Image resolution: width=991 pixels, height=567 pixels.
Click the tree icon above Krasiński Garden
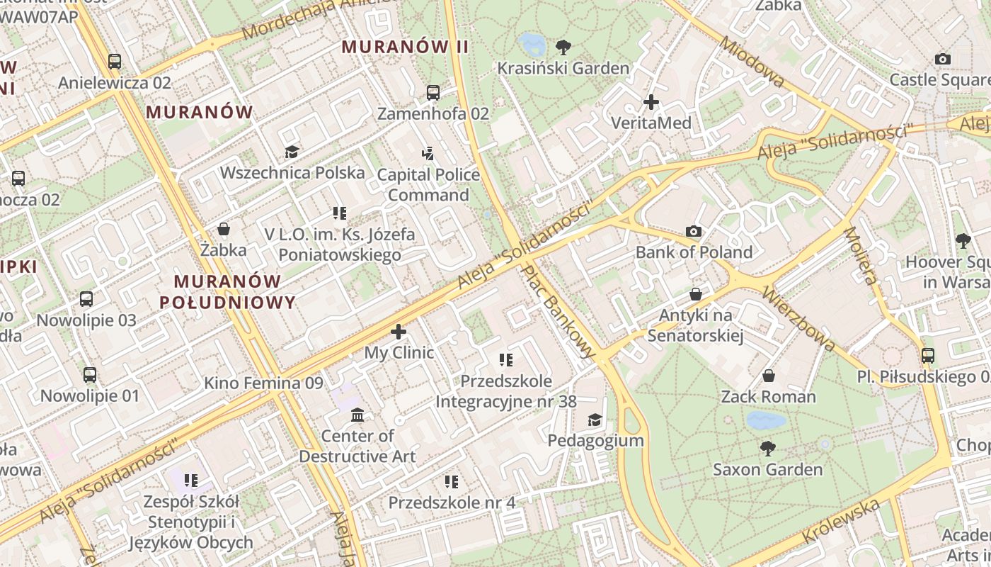(563, 48)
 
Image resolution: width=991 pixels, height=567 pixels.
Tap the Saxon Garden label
(768, 469)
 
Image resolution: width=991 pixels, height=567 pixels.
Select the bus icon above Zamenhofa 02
(433, 93)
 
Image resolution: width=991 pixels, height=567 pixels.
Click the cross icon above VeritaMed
(651, 102)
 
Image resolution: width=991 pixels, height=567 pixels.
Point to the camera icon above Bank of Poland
(694, 231)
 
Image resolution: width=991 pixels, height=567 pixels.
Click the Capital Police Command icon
(428, 153)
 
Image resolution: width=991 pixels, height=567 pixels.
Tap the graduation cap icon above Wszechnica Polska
(292, 152)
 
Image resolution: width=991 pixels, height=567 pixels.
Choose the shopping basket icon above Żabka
(224, 229)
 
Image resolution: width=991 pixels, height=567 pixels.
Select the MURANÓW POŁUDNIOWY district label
(227, 292)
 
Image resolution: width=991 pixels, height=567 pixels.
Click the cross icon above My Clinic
(399, 331)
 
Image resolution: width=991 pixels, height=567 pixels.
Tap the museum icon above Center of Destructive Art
(357, 415)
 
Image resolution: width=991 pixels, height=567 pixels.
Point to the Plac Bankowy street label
(559, 310)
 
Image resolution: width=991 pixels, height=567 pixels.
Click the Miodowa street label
(752, 61)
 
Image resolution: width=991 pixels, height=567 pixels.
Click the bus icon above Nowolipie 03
(86, 299)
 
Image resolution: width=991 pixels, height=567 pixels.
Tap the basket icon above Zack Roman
(769, 376)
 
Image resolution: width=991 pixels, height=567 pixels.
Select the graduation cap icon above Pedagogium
(595, 420)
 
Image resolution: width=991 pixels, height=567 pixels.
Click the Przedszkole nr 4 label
(452, 503)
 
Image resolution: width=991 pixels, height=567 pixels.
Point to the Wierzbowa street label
(800, 319)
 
